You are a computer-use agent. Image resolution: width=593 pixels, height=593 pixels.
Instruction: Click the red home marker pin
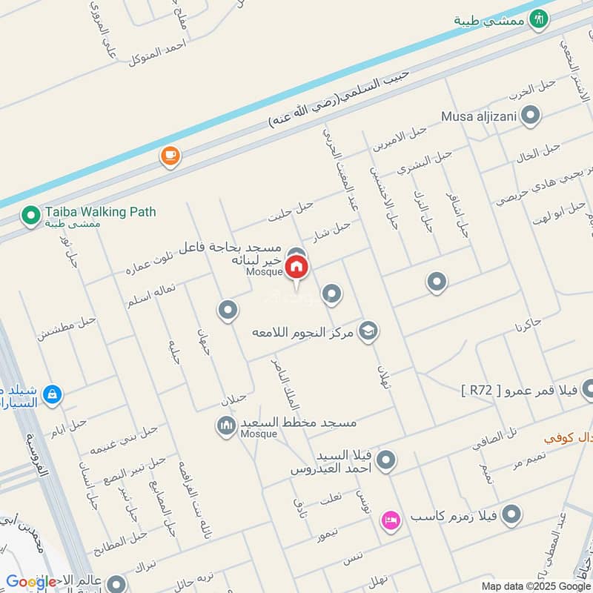[x=296, y=266]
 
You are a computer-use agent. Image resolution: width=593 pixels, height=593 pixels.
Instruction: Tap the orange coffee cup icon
[x=170, y=156]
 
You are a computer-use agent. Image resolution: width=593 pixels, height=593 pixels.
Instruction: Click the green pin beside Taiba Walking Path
[x=30, y=216]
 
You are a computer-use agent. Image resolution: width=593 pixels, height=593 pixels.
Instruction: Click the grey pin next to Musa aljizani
[x=530, y=116]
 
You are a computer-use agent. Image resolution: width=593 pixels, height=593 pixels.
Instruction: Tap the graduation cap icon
[x=368, y=331]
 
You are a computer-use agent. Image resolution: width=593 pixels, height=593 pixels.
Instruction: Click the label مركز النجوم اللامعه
[x=303, y=329]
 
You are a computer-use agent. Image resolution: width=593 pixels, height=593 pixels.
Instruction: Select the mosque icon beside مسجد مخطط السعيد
[x=225, y=426]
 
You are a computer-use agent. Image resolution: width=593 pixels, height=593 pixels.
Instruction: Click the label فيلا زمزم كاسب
[x=451, y=514]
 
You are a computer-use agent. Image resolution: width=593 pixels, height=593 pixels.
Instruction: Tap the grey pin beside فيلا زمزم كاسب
[x=511, y=514]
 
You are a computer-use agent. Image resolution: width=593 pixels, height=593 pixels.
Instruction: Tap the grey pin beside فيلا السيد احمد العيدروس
[x=385, y=462]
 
